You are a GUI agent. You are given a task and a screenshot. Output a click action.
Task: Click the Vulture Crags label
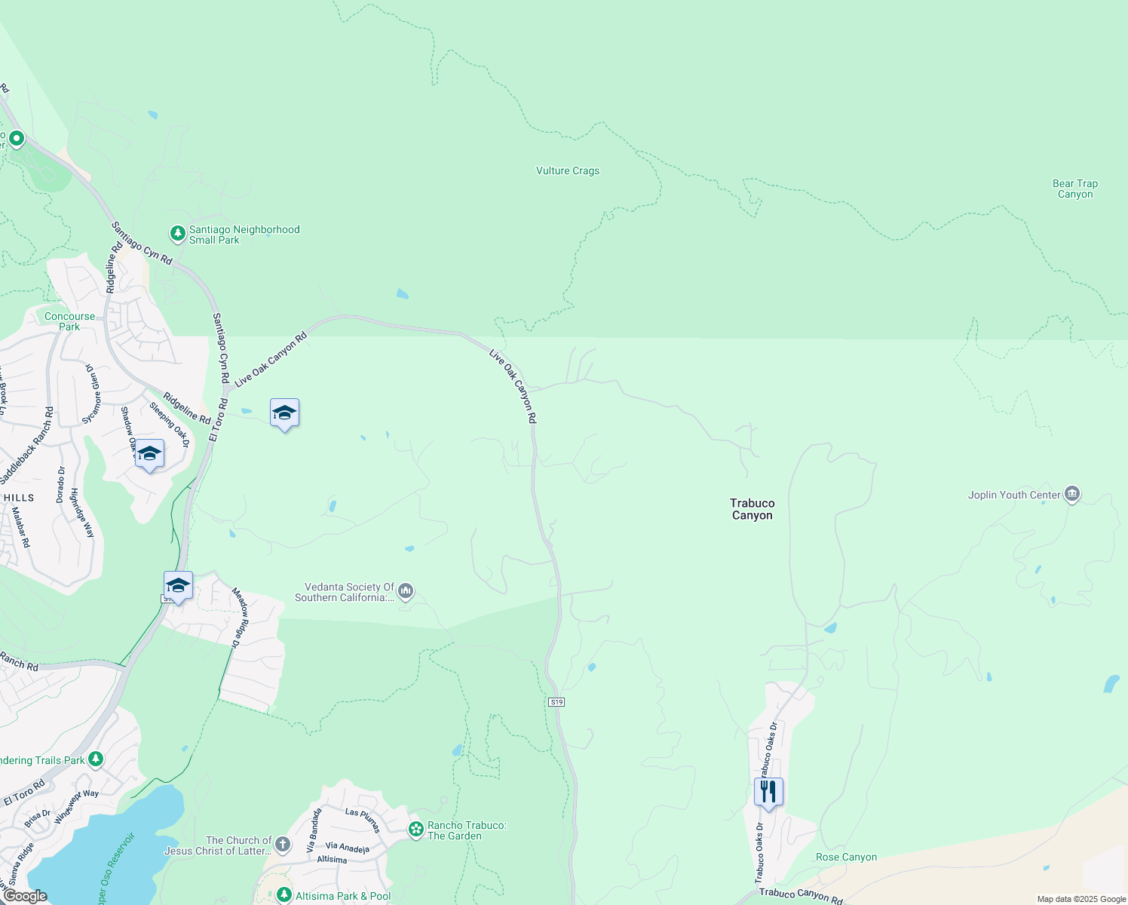[x=568, y=171]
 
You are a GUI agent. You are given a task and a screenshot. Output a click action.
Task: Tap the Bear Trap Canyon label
[x=1074, y=189]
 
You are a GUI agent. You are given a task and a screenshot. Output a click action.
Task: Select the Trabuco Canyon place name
[x=752, y=509]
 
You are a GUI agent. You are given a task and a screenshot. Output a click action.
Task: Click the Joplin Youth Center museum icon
[x=1071, y=495]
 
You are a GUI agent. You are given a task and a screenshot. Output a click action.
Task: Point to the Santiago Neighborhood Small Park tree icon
[x=178, y=234]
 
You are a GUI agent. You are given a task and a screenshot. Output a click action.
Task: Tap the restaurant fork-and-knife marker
[x=768, y=792]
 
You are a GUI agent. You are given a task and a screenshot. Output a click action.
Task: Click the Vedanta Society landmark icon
[x=406, y=591]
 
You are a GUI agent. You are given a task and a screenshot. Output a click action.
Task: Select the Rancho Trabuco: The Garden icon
[x=415, y=830]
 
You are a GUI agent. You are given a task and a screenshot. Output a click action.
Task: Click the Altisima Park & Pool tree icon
[x=284, y=895]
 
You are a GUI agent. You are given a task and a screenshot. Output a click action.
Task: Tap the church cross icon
[x=283, y=844]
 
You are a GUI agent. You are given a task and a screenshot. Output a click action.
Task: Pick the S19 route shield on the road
[x=556, y=702]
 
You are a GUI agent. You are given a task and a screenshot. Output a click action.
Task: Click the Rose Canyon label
[x=846, y=857]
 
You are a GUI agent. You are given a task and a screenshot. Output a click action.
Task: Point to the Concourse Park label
[x=69, y=321]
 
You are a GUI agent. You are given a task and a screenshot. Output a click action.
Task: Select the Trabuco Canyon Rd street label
[x=800, y=895]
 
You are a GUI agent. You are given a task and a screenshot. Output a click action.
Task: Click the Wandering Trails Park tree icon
[x=96, y=759]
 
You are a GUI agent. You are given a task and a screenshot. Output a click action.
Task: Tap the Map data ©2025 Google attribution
[x=1081, y=899]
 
